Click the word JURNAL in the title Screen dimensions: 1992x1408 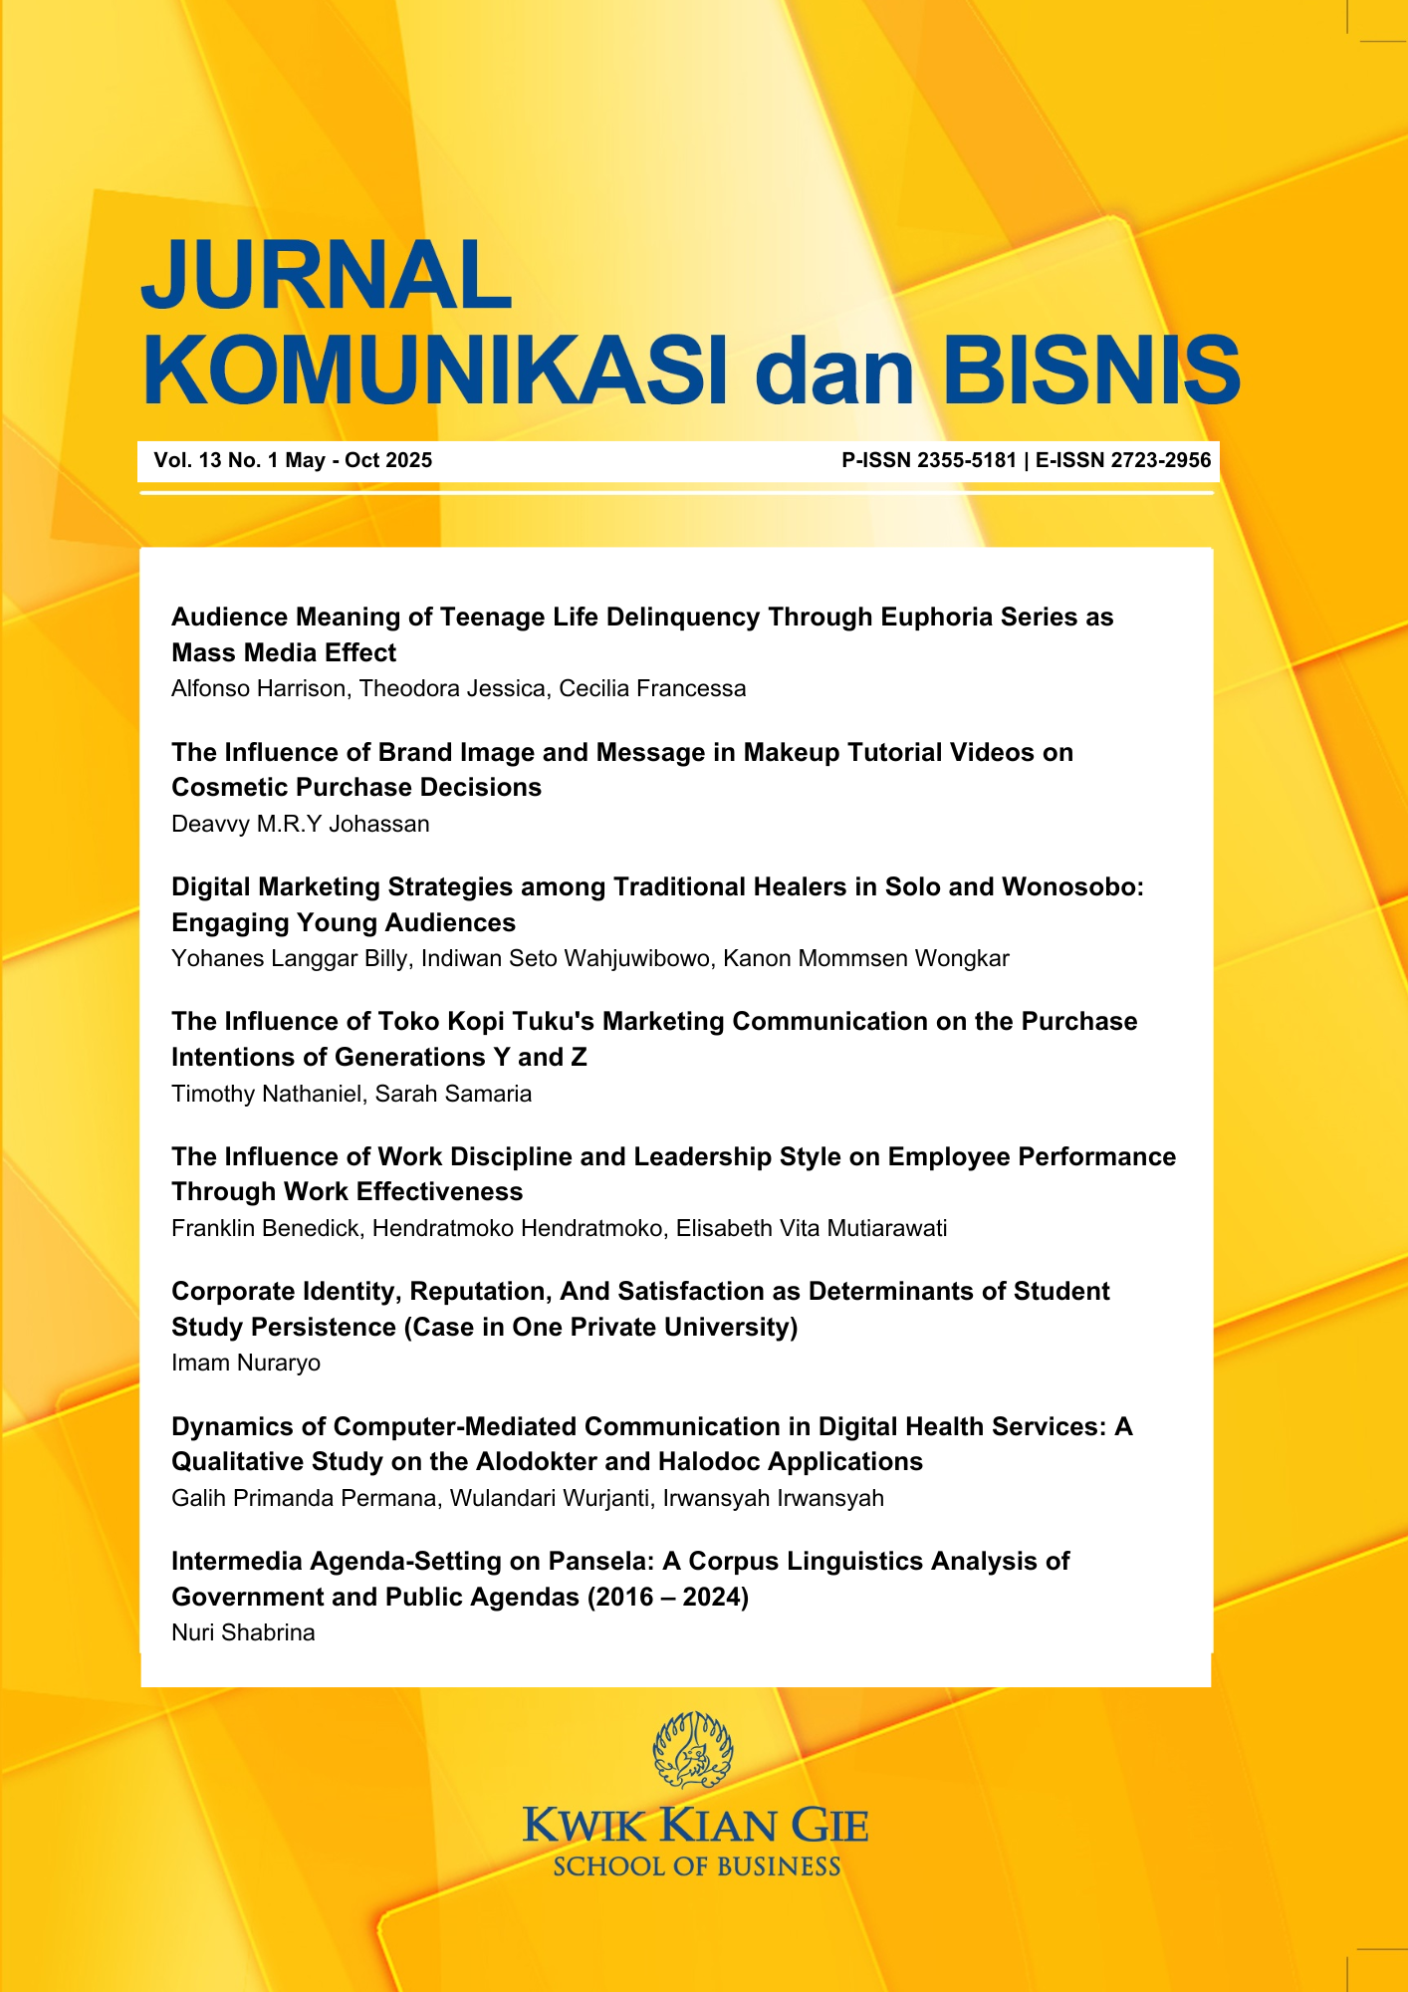[x=326, y=276]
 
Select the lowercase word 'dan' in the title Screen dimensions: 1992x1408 [x=834, y=371]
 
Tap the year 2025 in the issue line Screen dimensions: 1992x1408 [x=408, y=460]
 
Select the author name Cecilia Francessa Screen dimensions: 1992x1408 [x=652, y=688]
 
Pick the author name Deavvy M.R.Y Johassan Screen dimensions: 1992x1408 [x=301, y=824]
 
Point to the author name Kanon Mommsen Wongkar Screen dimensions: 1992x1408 [x=865, y=958]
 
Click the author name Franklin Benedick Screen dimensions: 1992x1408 [x=265, y=1228]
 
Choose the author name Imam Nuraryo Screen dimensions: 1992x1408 [x=246, y=1363]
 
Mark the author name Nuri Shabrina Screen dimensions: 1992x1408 [x=243, y=1632]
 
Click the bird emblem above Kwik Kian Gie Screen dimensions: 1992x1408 [x=693, y=1750]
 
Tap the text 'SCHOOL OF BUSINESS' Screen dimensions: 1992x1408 [x=696, y=1867]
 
